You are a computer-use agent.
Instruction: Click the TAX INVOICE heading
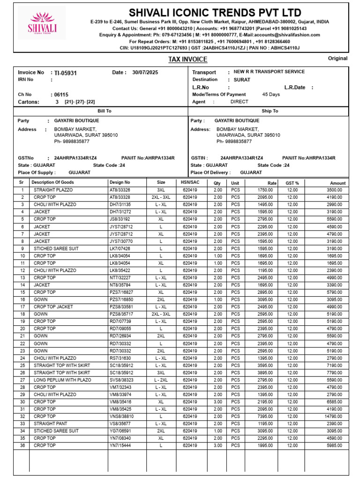187,60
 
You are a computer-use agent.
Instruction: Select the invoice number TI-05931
66,73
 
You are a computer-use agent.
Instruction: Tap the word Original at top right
337,59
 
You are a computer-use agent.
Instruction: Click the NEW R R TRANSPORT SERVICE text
269,72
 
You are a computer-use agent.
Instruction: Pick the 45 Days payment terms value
271,94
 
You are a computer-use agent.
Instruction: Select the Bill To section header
104,111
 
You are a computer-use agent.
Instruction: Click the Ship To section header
270,111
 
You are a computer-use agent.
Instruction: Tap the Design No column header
120,182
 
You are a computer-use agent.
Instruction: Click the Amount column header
337,183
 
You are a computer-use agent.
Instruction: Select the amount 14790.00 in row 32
334,416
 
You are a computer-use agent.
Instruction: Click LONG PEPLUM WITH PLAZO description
62,380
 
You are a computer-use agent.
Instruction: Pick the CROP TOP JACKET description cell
53,307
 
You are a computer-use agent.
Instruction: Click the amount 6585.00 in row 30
335,402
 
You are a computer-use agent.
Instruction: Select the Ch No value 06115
61,94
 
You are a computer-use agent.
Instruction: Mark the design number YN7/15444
120,445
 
